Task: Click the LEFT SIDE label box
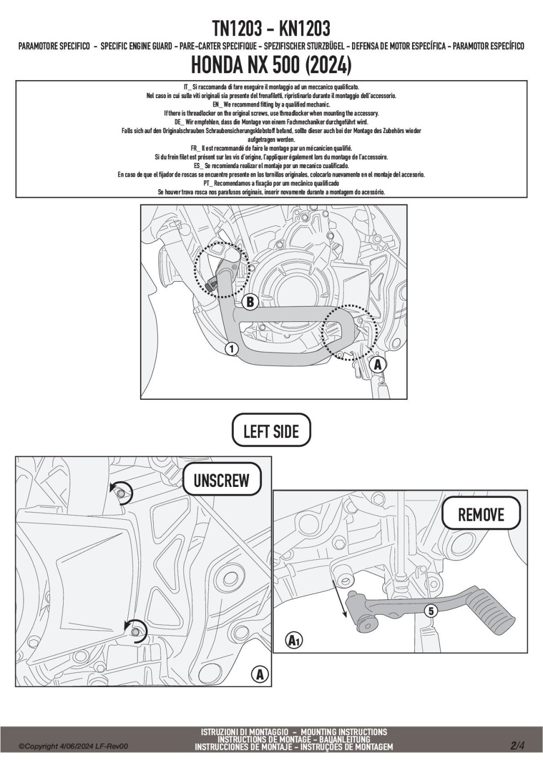[271, 431]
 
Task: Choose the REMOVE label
[480, 514]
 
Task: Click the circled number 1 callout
[231, 348]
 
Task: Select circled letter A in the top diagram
[378, 365]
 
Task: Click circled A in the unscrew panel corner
[259, 675]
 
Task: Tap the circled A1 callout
[293, 641]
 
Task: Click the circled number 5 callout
[431, 611]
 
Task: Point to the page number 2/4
[517, 746]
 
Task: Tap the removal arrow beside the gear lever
[339, 598]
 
